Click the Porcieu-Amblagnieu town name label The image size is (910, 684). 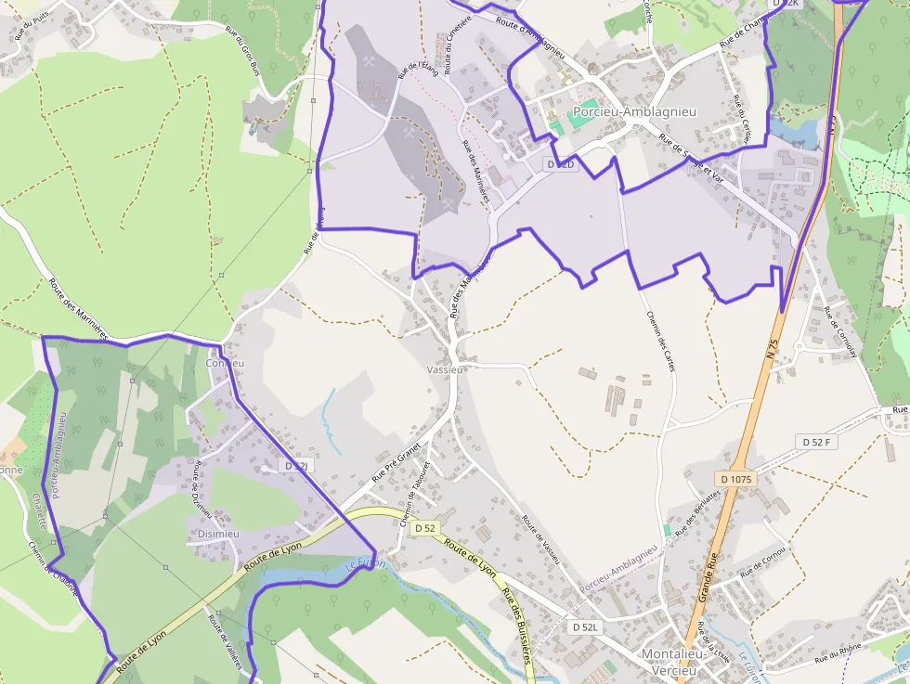634,112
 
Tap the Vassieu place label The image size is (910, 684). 444,368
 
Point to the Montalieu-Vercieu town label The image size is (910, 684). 674,661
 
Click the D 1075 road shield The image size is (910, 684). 736,479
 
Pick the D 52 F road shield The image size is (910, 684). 816,443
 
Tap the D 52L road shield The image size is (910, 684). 587,627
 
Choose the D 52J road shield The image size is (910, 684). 295,466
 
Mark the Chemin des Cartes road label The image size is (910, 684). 659,341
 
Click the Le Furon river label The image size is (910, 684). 364,563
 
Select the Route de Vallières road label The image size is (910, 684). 223,639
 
